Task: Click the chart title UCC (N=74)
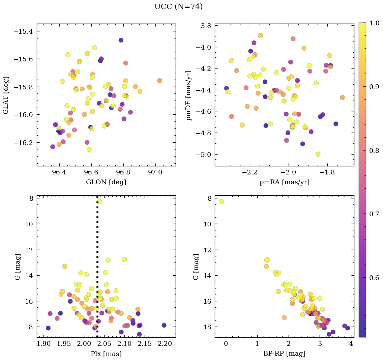pyautogui.click(x=178, y=7)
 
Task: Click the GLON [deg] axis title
pyautogui.click(x=106, y=182)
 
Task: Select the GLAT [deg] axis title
pyautogui.click(x=6, y=95)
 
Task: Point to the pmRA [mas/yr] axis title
pyautogui.click(x=284, y=182)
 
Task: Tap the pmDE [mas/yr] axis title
pyautogui.click(x=189, y=95)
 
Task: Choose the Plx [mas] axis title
pyautogui.click(x=106, y=354)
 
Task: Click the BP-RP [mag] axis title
pyautogui.click(x=284, y=354)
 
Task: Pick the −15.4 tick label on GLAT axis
pyautogui.click(x=25, y=31)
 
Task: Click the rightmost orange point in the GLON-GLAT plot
pyautogui.click(x=159, y=81)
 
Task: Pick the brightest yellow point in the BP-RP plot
pyautogui.click(x=221, y=202)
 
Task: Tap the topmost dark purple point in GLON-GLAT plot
pyautogui.click(x=121, y=40)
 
